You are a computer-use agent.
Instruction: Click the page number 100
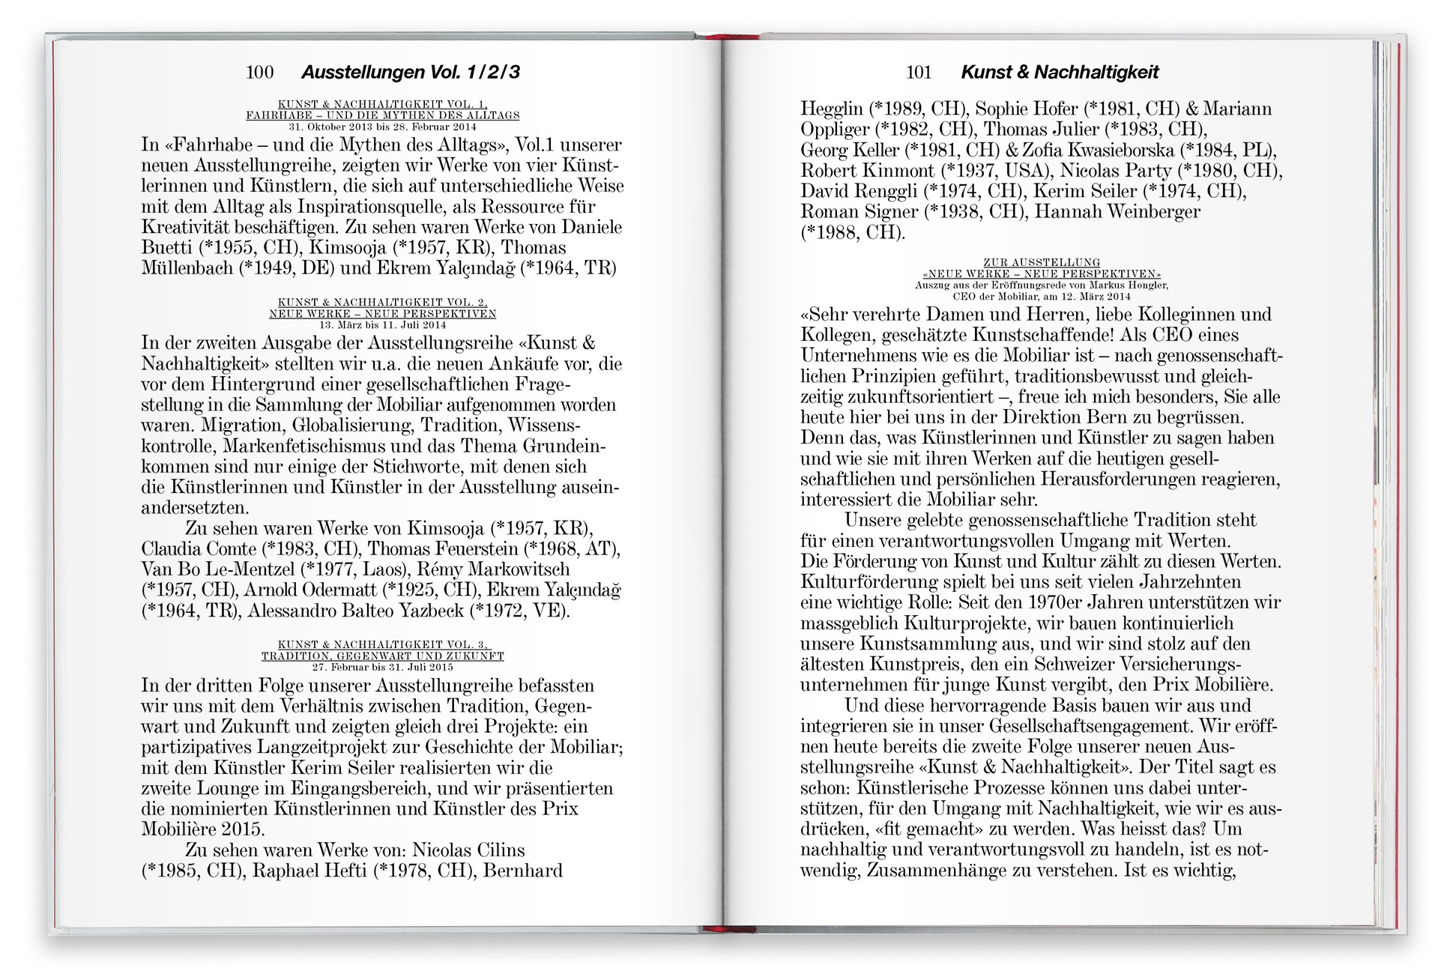coord(259,73)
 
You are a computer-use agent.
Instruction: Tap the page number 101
coord(918,73)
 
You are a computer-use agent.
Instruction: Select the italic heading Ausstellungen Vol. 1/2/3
coord(410,73)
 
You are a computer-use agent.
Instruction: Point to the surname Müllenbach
coord(187,268)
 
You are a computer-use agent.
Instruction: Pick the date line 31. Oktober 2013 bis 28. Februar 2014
coord(382,127)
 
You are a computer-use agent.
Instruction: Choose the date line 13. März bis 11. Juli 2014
coord(382,325)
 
